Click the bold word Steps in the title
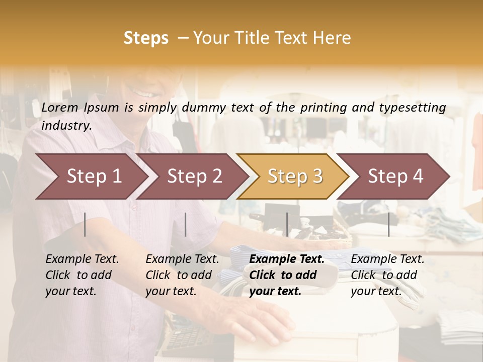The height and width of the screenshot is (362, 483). click(x=146, y=38)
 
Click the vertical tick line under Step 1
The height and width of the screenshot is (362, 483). click(x=85, y=224)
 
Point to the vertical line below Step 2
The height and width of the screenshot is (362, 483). click(x=186, y=224)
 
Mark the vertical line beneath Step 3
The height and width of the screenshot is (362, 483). click(x=287, y=224)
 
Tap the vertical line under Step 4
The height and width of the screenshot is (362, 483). click(x=388, y=224)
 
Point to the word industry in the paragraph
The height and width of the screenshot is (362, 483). click(x=66, y=126)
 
